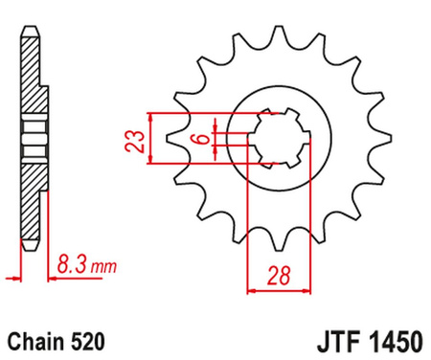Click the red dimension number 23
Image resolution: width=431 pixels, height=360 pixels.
coord(140,141)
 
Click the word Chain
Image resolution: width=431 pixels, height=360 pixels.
coord(35,340)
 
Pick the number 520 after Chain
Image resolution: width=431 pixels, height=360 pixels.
coord(86,340)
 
